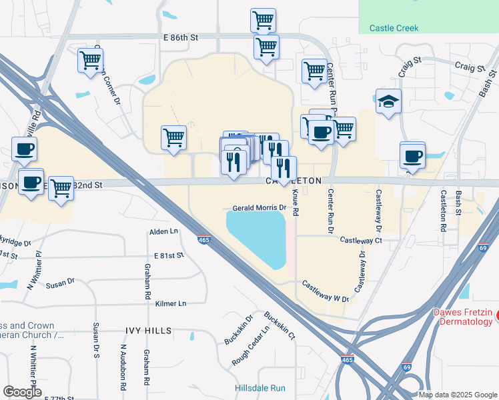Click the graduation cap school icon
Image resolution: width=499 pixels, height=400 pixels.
(388, 102)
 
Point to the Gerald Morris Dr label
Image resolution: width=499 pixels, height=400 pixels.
(259, 208)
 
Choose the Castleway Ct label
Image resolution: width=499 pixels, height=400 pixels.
(360, 240)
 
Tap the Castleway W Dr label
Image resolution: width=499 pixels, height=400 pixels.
(326, 291)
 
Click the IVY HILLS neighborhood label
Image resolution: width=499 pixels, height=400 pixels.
(148, 331)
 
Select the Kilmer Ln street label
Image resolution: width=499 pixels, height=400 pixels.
(170, 303)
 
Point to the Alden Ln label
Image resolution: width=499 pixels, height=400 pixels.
(164, 231)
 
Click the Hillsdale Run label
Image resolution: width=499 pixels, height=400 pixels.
(260, 388)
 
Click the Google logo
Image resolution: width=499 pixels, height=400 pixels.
(22, 391)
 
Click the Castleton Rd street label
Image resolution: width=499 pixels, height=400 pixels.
(443, 210)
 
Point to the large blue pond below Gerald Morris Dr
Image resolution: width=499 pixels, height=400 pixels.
(256, 237)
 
